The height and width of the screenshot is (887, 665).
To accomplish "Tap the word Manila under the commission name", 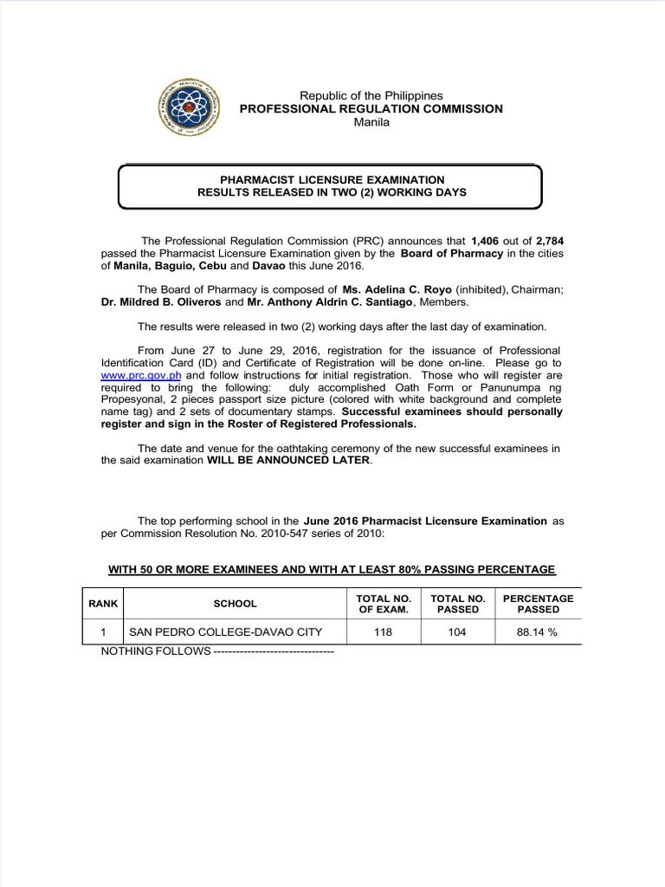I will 371,122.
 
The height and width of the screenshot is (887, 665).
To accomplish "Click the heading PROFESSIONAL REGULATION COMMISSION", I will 371,108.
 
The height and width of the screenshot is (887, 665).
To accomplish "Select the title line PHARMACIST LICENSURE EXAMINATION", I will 332,179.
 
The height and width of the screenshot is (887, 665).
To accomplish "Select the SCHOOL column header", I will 235,604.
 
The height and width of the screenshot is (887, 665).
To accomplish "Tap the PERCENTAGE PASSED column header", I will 538,604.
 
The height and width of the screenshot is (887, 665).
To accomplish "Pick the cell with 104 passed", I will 456,632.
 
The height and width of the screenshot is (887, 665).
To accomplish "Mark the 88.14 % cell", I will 538,632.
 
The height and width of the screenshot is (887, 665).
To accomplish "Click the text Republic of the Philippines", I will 371,95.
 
